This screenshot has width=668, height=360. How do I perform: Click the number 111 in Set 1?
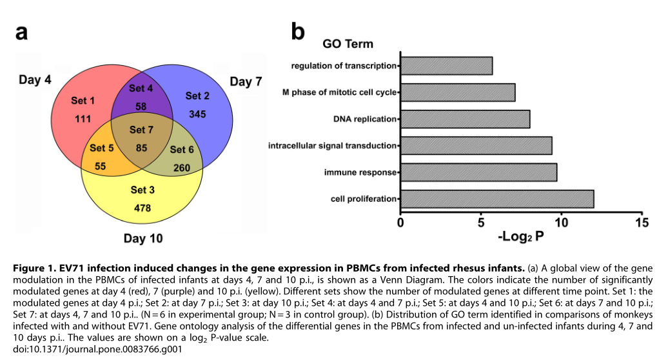point(84,119)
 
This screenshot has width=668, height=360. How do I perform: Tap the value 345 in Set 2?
point(197,114)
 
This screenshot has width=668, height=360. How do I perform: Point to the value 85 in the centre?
point(141,147)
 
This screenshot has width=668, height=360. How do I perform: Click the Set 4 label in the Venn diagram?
point(141,88)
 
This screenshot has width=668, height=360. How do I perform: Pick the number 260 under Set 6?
point(182,167)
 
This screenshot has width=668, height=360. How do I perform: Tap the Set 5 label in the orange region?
point(102,148)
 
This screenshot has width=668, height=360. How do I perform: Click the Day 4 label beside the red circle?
point(35,81)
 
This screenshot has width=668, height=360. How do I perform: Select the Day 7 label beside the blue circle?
point(246,82)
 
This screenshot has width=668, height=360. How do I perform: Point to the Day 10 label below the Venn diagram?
point(143,239)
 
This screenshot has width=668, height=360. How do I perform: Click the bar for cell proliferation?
point(496,199)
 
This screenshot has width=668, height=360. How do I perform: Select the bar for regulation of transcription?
point(446,66)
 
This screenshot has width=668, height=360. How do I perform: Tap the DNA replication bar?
point(465,119)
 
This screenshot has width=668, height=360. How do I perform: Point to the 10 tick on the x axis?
point(561,223)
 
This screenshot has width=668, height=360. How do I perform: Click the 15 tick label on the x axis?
point(640,223)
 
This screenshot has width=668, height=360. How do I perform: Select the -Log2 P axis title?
point(521,237)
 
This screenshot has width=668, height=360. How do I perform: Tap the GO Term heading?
point(348,44)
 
